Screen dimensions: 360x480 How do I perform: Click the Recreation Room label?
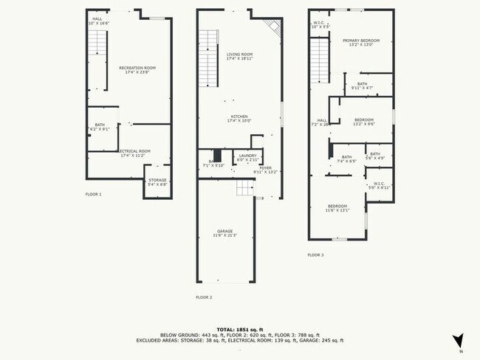click(137, 69)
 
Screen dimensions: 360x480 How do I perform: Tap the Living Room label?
click(239, 56)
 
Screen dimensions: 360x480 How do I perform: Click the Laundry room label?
click(247, 157)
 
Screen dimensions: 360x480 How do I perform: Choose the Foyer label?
click(265, 170)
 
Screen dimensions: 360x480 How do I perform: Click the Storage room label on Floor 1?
click(157, 182)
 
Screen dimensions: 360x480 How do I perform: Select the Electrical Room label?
click(135, 153)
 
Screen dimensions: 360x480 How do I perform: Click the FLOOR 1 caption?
click(94, 194)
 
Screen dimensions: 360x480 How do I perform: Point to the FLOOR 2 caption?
click(204, 297)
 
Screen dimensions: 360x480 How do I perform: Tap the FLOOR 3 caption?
click(315, 255)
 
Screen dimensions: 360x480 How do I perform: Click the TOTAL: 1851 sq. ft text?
click(239, 328)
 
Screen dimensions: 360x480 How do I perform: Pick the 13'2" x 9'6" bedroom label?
click(364, 122)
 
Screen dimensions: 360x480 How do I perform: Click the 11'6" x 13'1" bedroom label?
click(338, 208)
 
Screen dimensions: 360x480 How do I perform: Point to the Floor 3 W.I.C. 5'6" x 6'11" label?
click(380, 186)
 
